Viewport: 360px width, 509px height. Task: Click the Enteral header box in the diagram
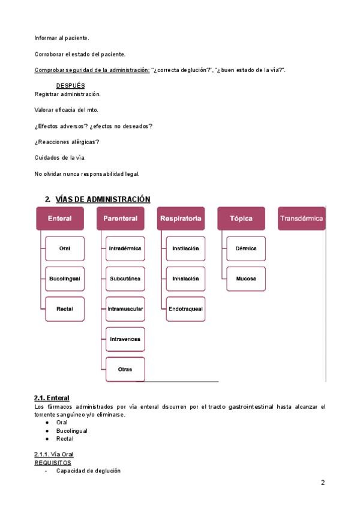click(60, 218)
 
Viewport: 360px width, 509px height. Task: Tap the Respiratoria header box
click(180, 218)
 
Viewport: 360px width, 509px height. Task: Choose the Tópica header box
click(241, 218)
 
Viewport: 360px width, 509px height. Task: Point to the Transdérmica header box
click(301, 218)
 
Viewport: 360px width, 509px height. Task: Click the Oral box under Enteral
click(65, 248)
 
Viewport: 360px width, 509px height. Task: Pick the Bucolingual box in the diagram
click(65, 279)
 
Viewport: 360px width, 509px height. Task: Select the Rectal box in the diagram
click(65, 309)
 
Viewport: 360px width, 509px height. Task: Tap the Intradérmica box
click(125, 248)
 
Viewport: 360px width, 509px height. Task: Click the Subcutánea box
click(125, 279)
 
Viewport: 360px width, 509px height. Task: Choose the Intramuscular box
click(125, 309)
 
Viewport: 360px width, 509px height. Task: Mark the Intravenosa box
click(125, 339)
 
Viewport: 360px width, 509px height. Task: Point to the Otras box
click(125, 369)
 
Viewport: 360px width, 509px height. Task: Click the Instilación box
click(185, 248)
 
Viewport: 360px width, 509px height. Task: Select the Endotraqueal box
click(185, 309)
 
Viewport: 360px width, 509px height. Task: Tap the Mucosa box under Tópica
click(245, 279)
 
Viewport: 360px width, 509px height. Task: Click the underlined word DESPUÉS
click(70, 86)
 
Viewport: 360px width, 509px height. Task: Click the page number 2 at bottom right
click(323, 483)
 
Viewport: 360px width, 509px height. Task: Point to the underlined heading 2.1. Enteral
click(52, 398)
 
